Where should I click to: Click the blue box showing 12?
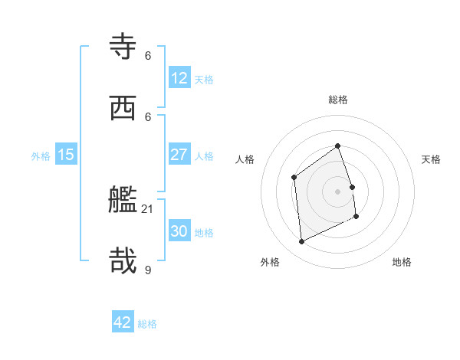point(179,78)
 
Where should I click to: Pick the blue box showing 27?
point(179,155)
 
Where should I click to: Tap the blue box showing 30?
point(179,231)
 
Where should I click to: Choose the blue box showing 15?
point(66,155)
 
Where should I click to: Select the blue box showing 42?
point(123,322)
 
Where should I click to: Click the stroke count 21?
point(148,208)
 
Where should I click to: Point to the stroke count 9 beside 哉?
point(148,270)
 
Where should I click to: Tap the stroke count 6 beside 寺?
point(148,55)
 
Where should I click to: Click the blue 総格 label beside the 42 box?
point(147,324)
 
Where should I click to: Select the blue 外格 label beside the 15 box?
point(41,156)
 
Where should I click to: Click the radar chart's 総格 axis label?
point(338,100)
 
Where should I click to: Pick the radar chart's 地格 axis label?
point(402,262)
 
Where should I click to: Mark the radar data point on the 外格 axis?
point(301,242)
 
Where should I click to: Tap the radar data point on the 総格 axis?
point(337,146)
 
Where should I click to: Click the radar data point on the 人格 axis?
point(294,178)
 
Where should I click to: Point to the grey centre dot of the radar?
point(337,191)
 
